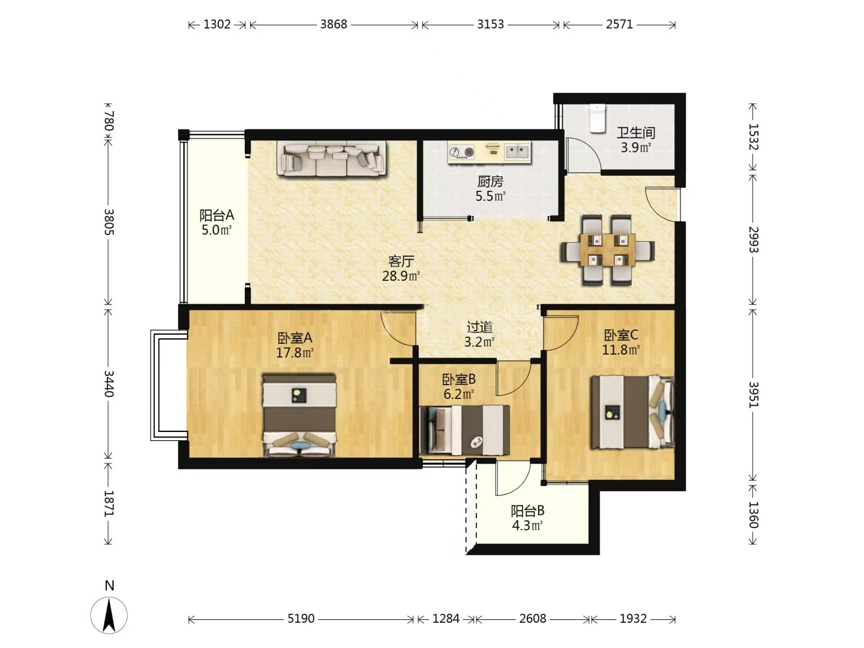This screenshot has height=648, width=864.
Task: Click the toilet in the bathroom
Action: point(597,118)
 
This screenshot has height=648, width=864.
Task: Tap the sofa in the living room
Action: point(331,158)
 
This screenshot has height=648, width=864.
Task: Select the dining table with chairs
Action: point(608,250)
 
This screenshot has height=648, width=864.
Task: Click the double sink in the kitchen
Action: point(517,151)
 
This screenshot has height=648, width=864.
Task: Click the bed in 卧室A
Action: point(299,415)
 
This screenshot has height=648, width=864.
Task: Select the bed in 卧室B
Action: point(465,430)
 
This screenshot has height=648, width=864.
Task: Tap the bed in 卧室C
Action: point(632,412)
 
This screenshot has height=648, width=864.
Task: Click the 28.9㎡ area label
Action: point(401,276)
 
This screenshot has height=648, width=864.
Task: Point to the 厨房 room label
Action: point(490,181)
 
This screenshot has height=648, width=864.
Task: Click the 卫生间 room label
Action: point(635,133)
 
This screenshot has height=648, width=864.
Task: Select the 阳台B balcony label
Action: point(527,511)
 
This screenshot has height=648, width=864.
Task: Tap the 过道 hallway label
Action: point(480,327)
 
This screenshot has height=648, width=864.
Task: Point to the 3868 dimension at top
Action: point(334,25)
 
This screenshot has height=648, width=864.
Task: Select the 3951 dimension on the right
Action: point(753,394)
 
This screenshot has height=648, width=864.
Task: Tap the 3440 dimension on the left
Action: point(109,383)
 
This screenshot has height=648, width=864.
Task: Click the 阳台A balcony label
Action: point(217,215)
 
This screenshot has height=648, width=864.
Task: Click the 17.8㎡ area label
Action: point(295,353)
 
